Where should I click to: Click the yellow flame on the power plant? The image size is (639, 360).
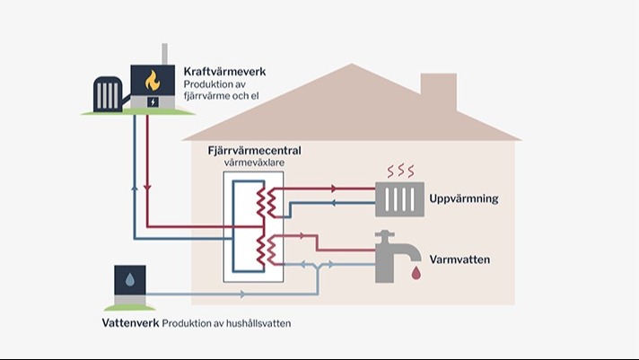153,80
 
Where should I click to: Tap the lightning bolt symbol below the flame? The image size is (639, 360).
153,102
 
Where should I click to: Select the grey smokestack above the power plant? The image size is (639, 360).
164,54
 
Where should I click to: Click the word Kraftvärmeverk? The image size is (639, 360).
224,72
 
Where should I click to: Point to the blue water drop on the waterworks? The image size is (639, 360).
130,280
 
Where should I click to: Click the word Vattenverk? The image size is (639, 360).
130,323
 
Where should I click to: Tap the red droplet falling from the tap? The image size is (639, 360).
416,273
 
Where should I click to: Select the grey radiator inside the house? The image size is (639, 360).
399,199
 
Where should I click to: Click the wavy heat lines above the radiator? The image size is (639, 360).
400,171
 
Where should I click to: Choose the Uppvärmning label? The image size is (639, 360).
464,199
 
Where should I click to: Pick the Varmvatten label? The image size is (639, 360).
460,259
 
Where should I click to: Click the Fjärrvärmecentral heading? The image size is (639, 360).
254,151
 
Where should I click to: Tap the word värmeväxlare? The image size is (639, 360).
254,162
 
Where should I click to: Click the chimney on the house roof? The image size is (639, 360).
439,91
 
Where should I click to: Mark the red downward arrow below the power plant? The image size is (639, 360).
147,188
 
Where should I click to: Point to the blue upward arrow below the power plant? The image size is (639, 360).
135,188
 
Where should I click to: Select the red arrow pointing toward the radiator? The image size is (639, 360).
334,189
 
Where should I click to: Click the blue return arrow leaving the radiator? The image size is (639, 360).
333,203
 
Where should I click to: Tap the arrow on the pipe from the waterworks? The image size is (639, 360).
243,294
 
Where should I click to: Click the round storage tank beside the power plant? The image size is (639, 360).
108,93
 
